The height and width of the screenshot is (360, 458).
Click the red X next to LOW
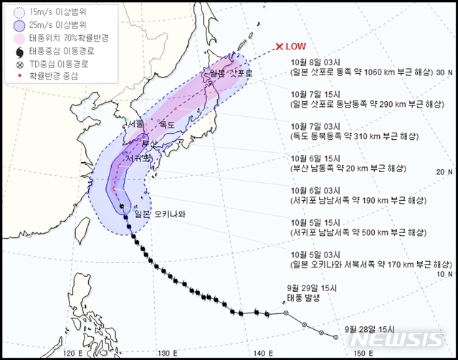coord(280,47)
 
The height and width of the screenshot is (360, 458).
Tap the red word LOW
coord(296,47)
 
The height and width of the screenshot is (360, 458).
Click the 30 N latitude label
coord(444,72)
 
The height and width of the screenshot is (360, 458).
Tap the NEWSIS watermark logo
coord(402,339)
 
